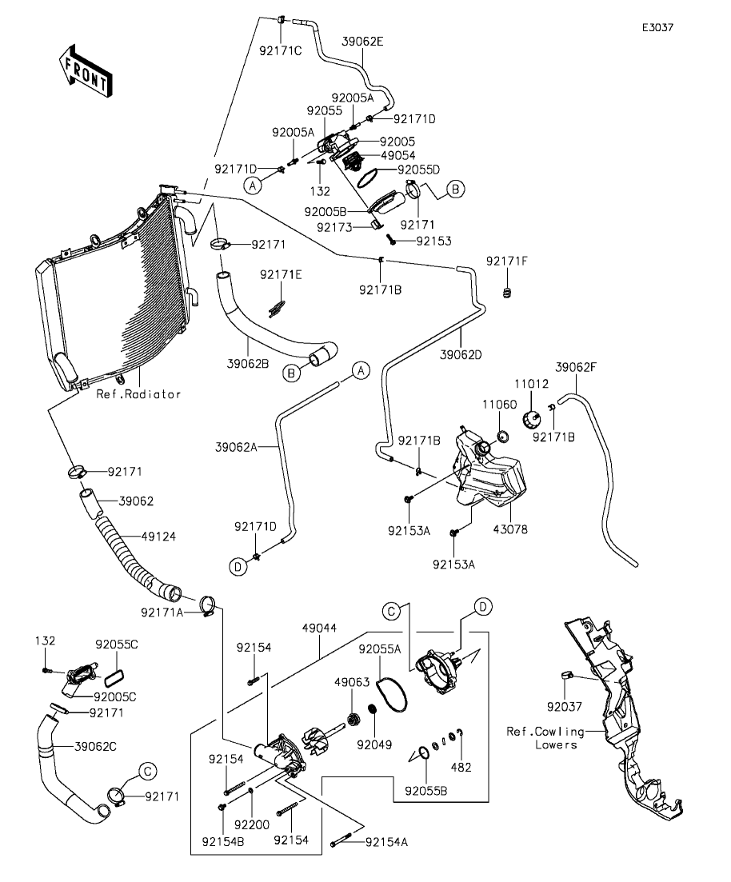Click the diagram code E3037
pyautogui.click(x=658, y=27)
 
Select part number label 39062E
pyautogui.click(x=362, y=41)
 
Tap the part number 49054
pyautogui.click(x=397, y=155)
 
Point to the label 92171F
pyautogui.click(x=507, y=261)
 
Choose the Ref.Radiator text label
pyautogui.click(x=138, y=393)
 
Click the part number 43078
pyautogui.click(x=510, y=529)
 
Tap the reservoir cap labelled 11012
pyautogui.click(x=531, y=419)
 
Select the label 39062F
pyautogui.click(x=576, y=367)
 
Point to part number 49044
pyautogui.click(x=319, y=628)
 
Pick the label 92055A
pyautogui.click(x=380, y=649)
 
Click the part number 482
pyautogui.click(x=461, y=767)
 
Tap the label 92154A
pyautogui.click(x=386, y=841)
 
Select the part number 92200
pyautogui.click(x=252, y=824)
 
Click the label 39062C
pyautogui.click(x=96, y=746)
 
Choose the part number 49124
pyautogui.click(x=158, y=537)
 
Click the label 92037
pyautogui.click(x=564, y=707)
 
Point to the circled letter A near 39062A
pyautogui.click(x=361, y=371)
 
